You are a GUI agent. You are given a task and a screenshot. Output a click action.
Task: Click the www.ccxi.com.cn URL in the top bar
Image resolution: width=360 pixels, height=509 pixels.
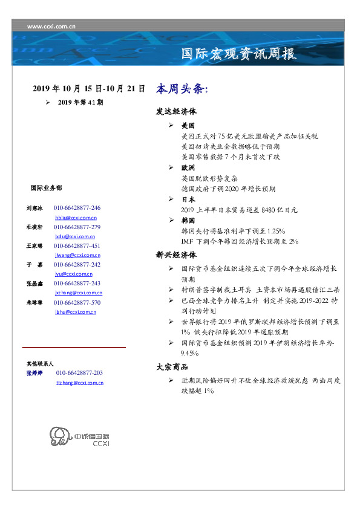tap(51, 26)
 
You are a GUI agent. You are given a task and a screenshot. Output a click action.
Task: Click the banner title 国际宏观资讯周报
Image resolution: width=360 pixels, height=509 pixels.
tap(239, 54)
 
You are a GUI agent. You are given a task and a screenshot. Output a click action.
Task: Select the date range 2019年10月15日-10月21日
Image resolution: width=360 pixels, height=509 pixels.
tap(88, 89)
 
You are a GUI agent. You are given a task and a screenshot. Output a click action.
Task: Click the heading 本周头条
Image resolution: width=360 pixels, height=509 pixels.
tap(182, 89)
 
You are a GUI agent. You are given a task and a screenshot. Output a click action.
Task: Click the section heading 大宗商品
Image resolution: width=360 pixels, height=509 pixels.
tap(172, 367)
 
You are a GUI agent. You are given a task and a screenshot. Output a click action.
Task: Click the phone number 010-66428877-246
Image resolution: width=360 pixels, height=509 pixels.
tap(77, 207)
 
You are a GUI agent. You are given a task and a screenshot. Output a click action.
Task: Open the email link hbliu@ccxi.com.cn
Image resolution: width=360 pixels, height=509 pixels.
tap(76, 217)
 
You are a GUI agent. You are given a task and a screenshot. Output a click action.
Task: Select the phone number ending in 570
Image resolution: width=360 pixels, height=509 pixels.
tap(77, 302)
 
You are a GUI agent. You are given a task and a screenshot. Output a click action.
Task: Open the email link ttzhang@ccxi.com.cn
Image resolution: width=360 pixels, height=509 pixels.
tap(79, 383)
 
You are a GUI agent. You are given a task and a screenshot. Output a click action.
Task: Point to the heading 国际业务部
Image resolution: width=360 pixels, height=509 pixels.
tap(45, 188)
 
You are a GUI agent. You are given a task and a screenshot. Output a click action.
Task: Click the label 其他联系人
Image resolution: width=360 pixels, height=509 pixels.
tap(40, 364)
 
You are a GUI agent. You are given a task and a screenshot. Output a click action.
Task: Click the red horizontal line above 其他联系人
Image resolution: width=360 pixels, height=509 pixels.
tap(74, 348)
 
